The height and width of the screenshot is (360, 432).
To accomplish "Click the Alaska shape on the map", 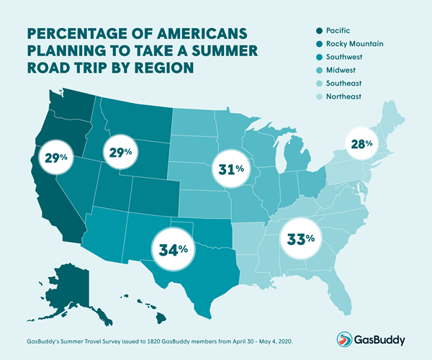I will pyautogui.click(x=73, y=284).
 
